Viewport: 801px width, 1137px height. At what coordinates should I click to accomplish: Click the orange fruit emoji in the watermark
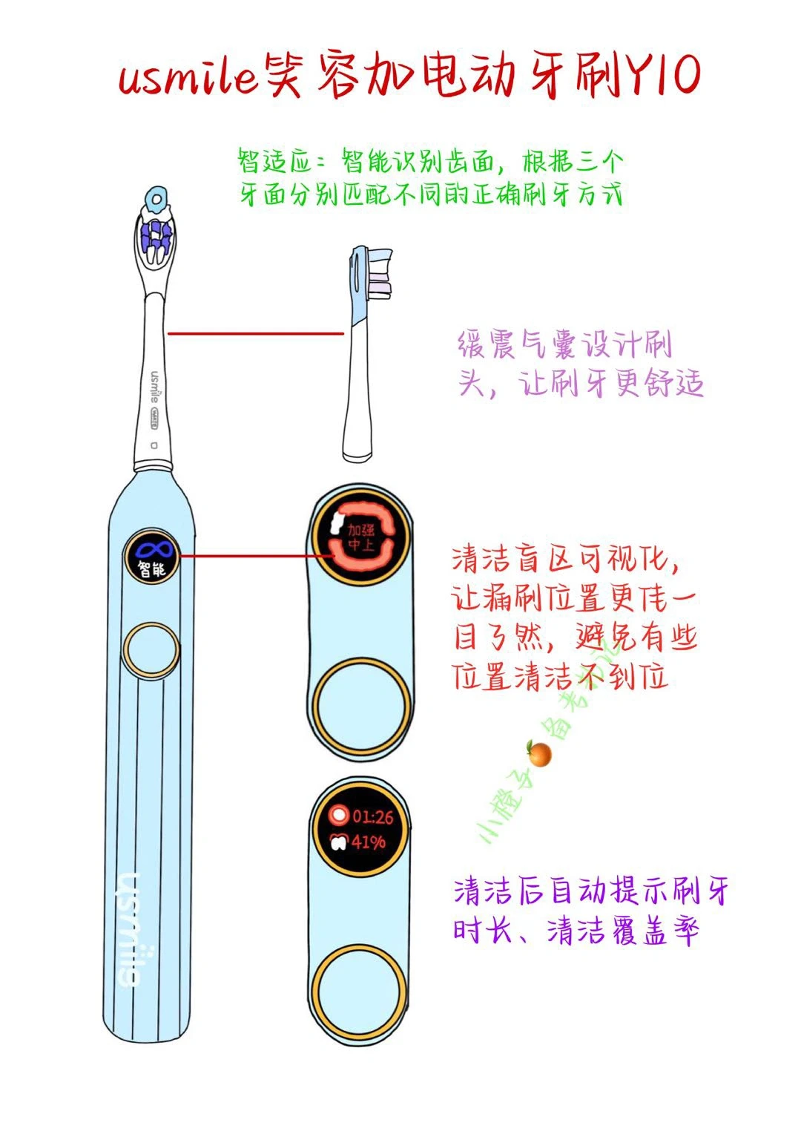[539, 754]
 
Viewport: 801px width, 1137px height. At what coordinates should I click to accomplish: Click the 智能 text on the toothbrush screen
[152, 570]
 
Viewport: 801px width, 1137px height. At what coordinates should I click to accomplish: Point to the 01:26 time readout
[372, 817]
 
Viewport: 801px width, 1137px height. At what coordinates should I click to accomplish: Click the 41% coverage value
[369, 842]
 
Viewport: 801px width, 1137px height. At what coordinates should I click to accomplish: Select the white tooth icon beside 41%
[338, 842]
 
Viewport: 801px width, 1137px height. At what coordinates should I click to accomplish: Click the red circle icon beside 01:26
[339, 816]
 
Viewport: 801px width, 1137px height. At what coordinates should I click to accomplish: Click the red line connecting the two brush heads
[256, 333]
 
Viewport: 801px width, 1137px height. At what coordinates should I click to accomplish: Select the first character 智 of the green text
[250, 160]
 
